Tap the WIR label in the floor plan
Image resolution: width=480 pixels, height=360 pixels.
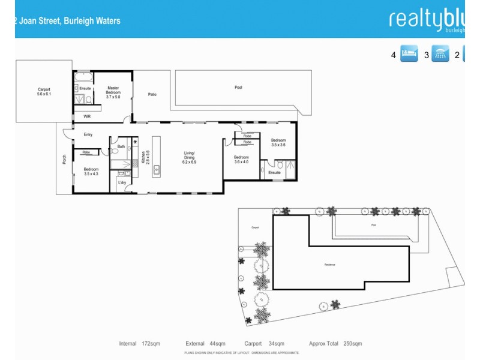pyautogui.click(x=87, y=116)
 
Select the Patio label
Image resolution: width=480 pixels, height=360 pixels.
pyautogui.click(x=152, y=94)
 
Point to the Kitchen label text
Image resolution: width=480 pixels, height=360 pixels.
pyautogui.click(x=143, y=157)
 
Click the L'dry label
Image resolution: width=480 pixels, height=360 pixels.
pyautogui.click(x=122, y=182)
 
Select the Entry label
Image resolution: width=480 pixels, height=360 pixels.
pyautogui.click(x=88, y=134)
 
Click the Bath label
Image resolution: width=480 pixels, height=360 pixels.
pyautogui.click(x=121, y=146)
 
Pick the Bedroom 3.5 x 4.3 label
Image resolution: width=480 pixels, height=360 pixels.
pyautogui.click(x=91, y=172)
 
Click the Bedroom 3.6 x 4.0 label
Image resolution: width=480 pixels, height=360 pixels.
pyautogui.click(x=241, y=159)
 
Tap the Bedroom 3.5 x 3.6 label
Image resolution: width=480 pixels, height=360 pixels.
pyautogui.click(x=278, y=143)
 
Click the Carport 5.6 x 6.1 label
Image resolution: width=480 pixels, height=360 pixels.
pyautogui.click(x=44, y=92)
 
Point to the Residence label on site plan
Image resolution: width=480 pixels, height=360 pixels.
pyautogui.click(x=329, y=264)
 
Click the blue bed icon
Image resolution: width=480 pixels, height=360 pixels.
pyautogui.click(x=409, y=55)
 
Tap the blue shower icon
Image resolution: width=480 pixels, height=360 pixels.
pyautogui.click(x=441, y=55)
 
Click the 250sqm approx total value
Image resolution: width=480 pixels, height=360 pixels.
pyautogui.click(x=352, y=344)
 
